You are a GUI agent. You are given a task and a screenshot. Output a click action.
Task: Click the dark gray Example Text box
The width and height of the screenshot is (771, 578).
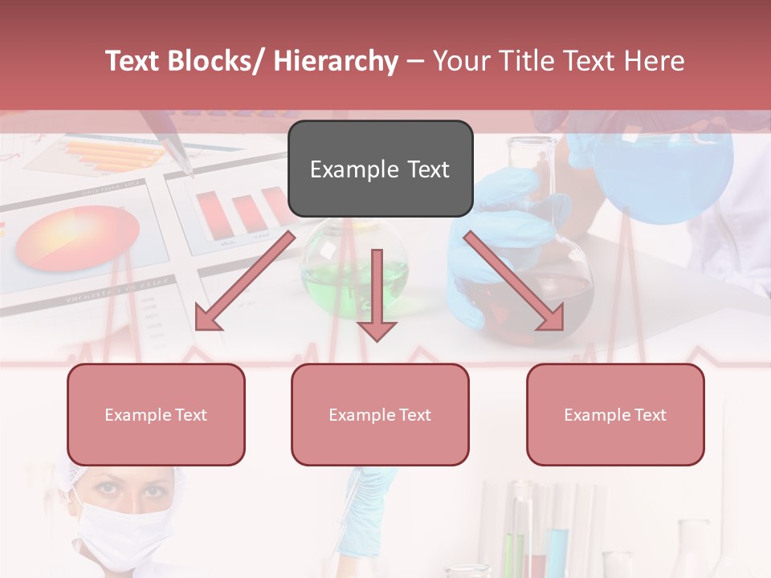(x=380, y=169)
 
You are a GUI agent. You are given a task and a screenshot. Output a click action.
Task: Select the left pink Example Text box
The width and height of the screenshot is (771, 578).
(x=156, y=414)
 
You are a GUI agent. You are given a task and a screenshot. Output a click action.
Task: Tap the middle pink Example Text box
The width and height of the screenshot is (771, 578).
(x=380, y=414)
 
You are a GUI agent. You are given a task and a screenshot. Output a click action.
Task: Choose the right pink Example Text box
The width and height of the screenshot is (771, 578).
(x=615, y=414)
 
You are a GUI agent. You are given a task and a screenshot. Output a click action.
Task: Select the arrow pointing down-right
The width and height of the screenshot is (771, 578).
(x=514, y=281)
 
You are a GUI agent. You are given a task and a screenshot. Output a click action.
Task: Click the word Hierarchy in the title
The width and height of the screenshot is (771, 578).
(x=335, y=61)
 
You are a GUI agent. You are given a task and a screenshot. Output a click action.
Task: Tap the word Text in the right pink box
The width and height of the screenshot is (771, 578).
(x=650, y=414)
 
